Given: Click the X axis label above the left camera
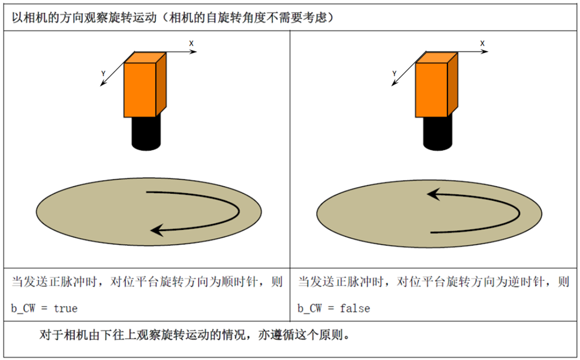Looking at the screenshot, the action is click(191, 43).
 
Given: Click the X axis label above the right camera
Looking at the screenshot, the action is click(482, 43).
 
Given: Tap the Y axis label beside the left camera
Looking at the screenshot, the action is click(103, 74).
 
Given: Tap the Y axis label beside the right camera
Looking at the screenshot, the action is click(394, 74).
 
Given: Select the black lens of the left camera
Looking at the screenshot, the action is click(146, 133).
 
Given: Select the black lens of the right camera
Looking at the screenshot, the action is click(438, 133).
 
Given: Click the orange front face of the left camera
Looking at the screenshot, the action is click(140, 90).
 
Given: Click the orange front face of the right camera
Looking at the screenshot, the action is click(431, 90).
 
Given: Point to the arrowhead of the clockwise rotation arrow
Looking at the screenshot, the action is click(157, 230).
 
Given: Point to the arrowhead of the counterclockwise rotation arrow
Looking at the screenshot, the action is click(434, 194).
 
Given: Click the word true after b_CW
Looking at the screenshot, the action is click(65, 308).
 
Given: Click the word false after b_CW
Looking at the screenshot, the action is click(355, 308).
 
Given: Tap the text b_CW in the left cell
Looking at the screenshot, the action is click(23, 308).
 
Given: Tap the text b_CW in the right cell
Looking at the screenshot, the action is click(309, 308).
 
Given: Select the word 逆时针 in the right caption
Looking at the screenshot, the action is click(526, 282).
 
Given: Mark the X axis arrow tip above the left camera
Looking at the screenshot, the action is click(196, 52).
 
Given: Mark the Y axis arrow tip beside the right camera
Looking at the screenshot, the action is click(392, 86).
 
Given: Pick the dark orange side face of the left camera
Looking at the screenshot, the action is click(161, 85).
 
